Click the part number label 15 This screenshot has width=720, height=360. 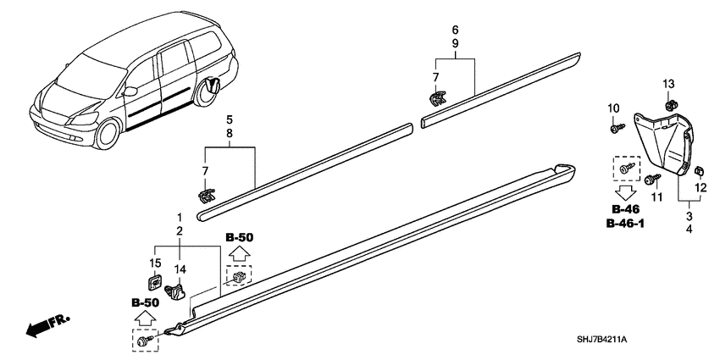155,263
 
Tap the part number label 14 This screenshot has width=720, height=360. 180,269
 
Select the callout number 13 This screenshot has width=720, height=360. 668,84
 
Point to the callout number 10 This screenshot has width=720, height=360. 614,108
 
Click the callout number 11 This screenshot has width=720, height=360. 657,197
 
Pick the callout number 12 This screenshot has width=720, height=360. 701,188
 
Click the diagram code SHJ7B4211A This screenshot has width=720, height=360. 602,340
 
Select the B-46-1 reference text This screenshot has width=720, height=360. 625,224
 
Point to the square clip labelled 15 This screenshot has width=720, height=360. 155,281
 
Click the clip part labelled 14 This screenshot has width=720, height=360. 174,291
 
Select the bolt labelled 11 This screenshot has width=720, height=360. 652,178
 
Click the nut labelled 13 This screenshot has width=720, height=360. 669,105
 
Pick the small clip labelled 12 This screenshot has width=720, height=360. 700,172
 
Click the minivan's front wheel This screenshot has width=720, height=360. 108,133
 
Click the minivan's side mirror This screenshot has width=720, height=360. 130,91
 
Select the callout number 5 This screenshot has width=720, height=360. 230,120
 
